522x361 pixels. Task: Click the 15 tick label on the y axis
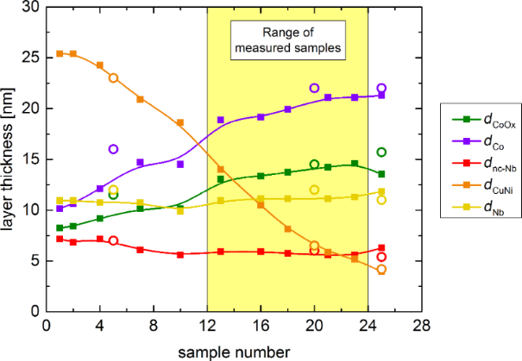33,159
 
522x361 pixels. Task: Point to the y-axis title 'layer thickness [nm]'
11,159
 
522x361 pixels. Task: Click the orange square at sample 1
60,53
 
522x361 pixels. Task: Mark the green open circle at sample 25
381,152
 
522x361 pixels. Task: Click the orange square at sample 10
180,122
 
